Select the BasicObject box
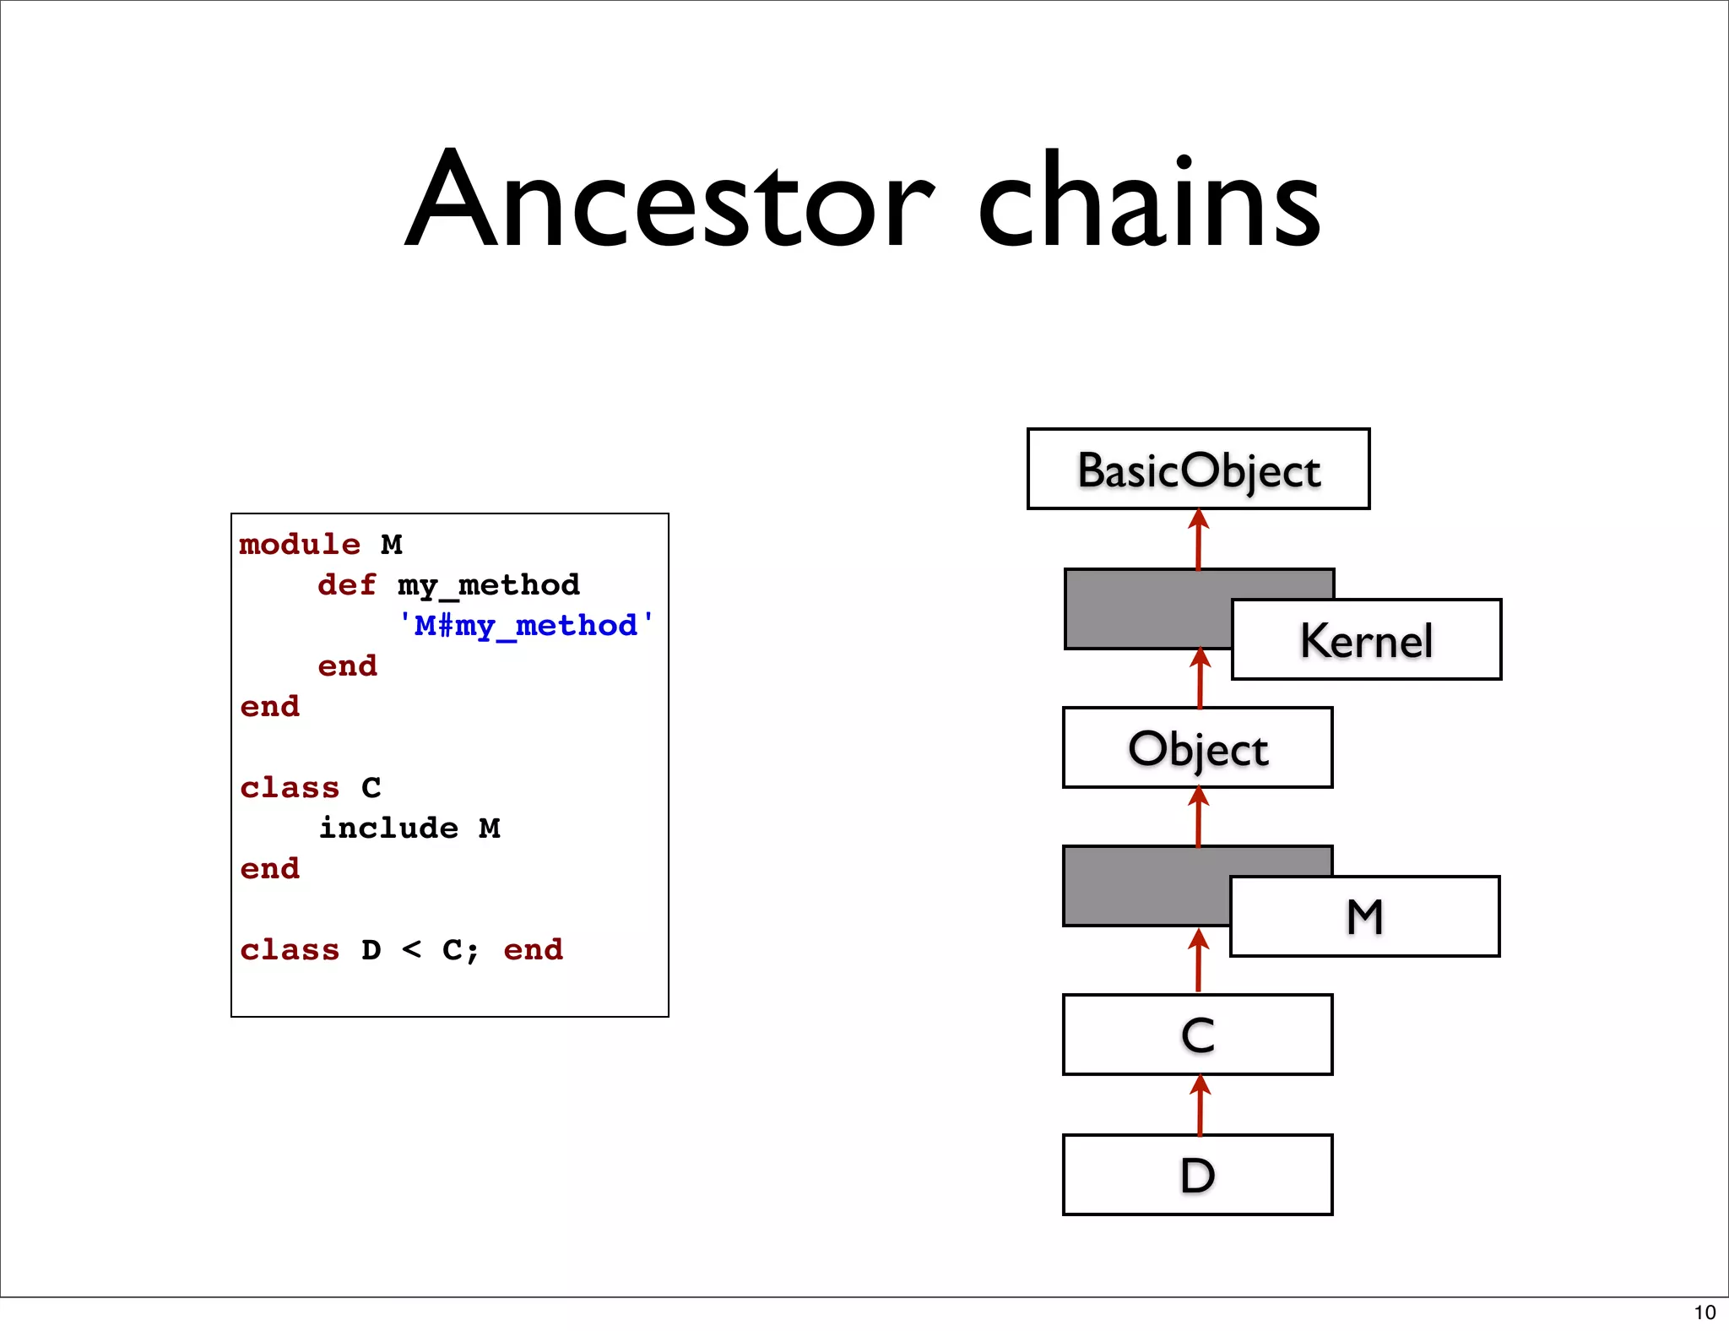[x=1198, y=470]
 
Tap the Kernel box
[x=1366, y=640]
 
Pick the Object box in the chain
[x=1197, y=748]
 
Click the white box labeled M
[x=1364, y=917]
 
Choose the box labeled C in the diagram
[x=1197, y=1035]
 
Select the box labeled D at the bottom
[x=1197, y=1176]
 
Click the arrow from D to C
[x=1200, y=1105]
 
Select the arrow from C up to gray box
[x=1199, y=960]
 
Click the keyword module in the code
[x=300, y=545]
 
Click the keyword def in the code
[x=346, y=585]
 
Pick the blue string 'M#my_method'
[x=525, y=626]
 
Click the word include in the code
[x=388, y=828]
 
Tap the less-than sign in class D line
[x=412, y=950]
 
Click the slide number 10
[x=1705, y=1312]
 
